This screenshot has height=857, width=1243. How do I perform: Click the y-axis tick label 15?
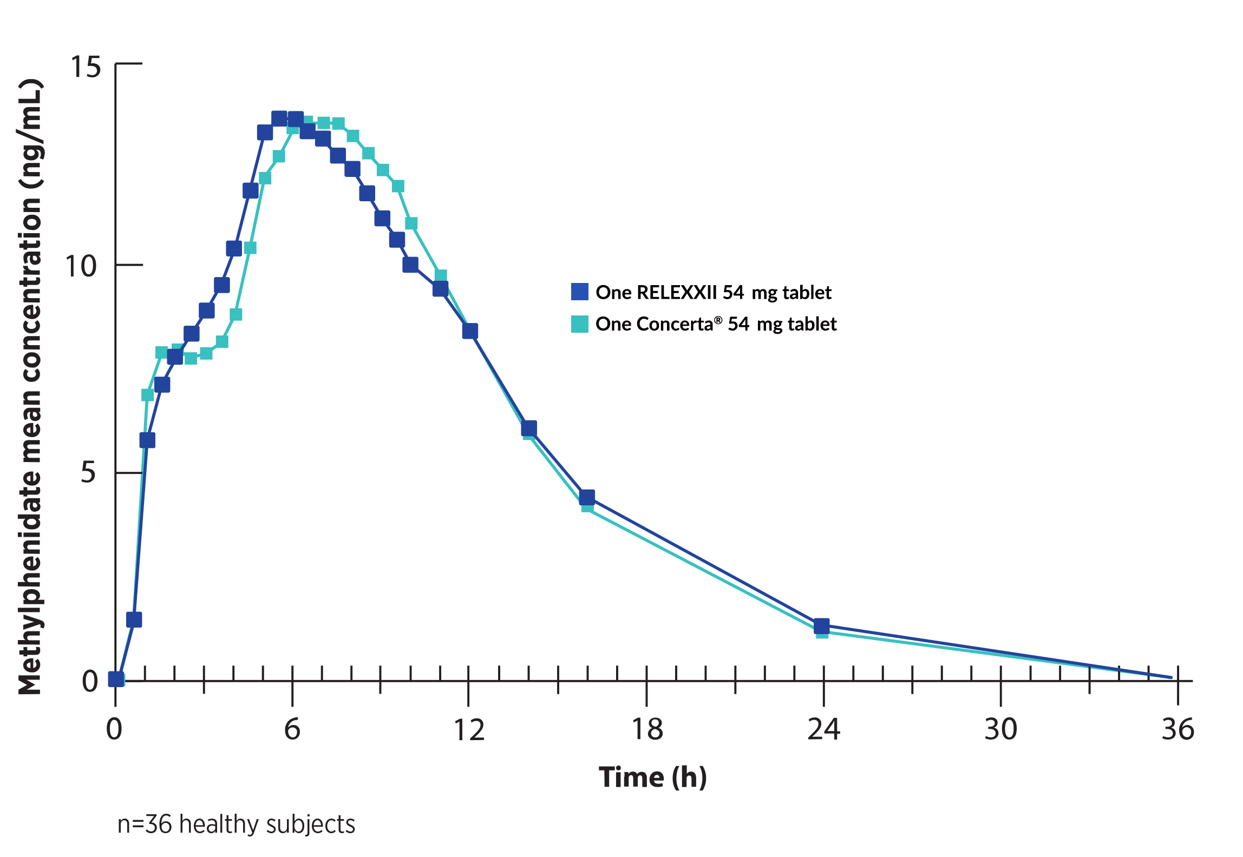click(x=86, y=67)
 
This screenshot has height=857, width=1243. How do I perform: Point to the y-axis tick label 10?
click(x=81, y=266)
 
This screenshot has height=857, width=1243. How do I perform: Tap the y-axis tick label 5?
click(x=88, y=472)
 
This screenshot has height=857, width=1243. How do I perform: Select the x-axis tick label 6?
click(x=292, y=729)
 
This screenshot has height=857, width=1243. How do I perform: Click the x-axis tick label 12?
click(x=469, y=730)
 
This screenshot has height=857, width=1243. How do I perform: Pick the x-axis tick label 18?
click(x=647, y=729)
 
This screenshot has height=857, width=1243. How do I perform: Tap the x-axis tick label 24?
click(x=823, y=729)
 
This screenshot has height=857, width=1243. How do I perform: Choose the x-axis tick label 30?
click(x=1000, y=729)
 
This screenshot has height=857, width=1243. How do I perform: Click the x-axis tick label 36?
click(x=1177, y=729)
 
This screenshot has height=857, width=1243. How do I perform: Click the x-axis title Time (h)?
click(x=652, y=777)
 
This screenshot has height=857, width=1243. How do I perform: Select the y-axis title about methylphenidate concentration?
click(x=30, y=386)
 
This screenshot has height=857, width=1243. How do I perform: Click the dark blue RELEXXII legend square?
click(x=580, y=292)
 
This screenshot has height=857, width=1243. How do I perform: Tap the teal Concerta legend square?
click(x=580, y=324)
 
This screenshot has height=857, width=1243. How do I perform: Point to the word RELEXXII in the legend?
click(x=677, y=292)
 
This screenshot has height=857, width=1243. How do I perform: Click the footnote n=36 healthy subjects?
click(x=236, y=825)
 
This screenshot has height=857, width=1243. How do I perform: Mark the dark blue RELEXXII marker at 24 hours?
click(x=821, y=627)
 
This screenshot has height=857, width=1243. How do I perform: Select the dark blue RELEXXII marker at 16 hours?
click(x=587, y=497)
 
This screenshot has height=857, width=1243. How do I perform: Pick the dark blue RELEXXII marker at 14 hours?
click(x=529, y=428)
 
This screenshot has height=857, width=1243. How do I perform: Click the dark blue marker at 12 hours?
click(x=470, y=331)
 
